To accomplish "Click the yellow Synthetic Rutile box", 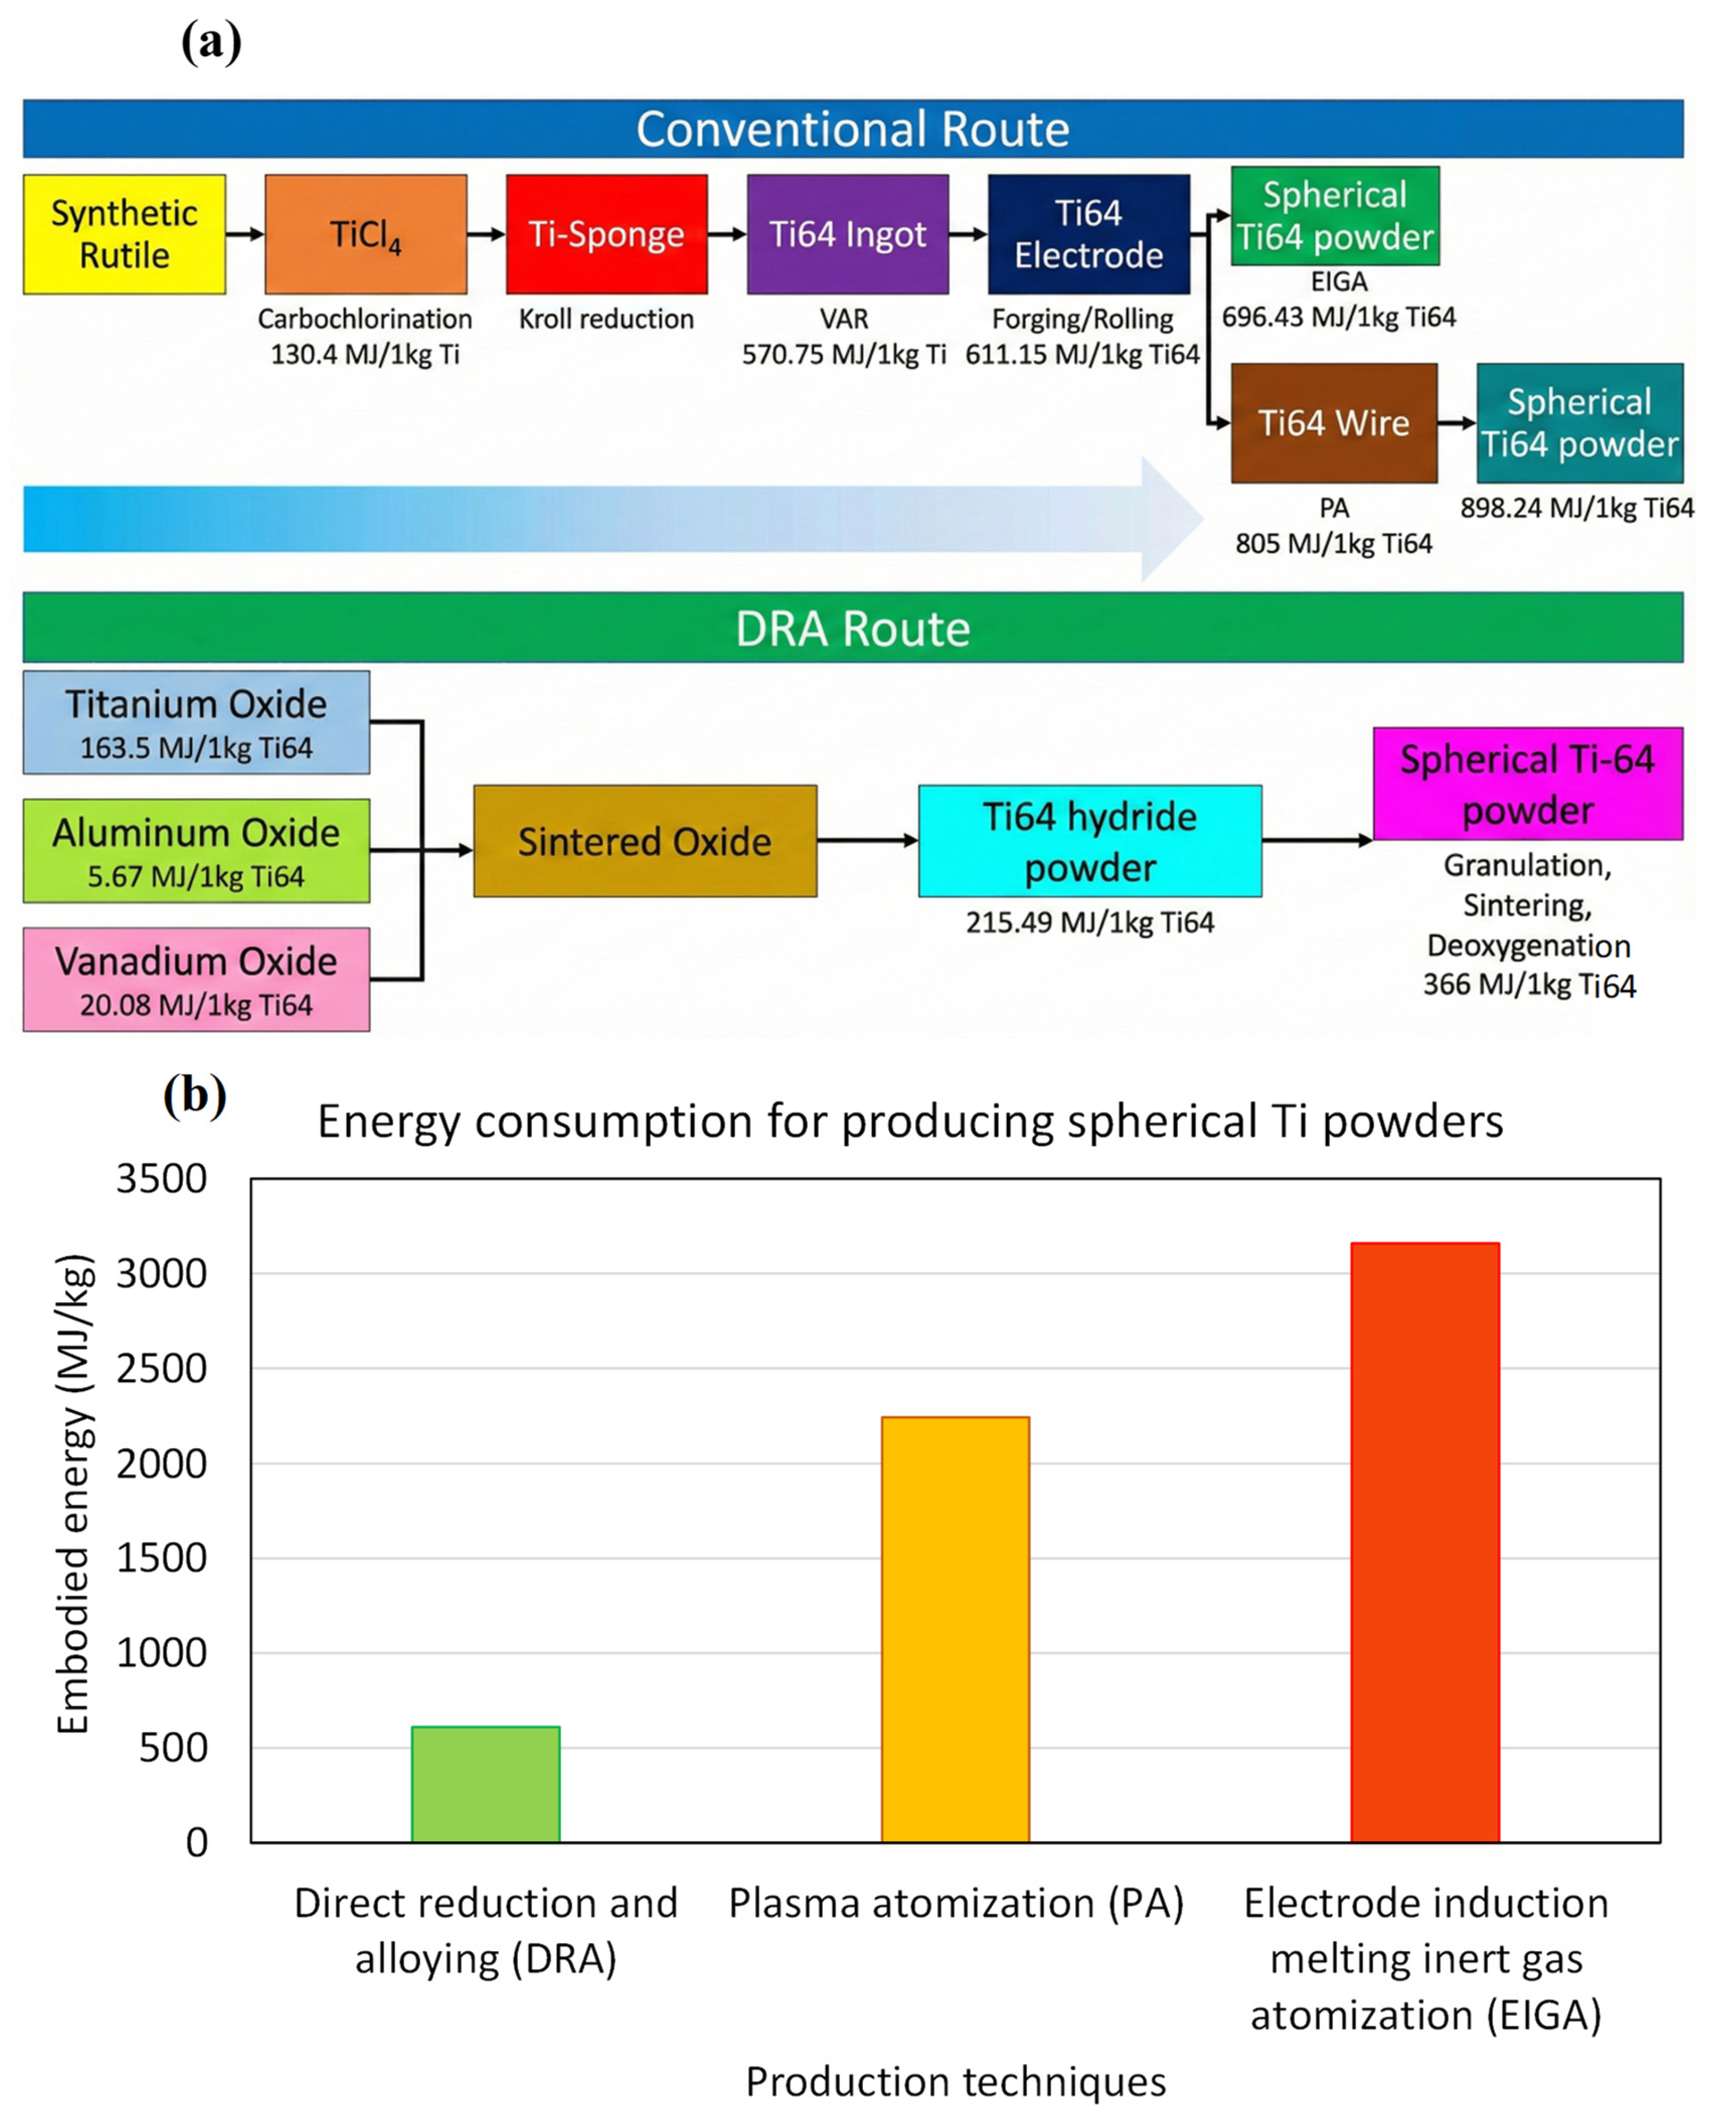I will [125, 234].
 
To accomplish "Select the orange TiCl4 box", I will [365, 234].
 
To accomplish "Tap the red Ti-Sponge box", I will [606, 234].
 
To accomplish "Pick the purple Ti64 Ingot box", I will [847, 234].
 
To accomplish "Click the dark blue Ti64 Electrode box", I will [1088, 234].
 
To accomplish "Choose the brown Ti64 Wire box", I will [1333, 422].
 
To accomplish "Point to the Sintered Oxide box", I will [645, 841].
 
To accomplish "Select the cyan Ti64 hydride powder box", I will [1089, 841].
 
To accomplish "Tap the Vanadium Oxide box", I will [196, 979].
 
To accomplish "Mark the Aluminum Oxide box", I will [196, 851].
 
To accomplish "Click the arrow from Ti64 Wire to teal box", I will [1456, 422].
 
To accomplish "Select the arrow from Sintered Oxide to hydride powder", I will [867, 841].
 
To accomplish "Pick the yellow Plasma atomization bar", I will [955, 1628].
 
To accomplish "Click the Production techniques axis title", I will [955, 2080].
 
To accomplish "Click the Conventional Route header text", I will [852, 129].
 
